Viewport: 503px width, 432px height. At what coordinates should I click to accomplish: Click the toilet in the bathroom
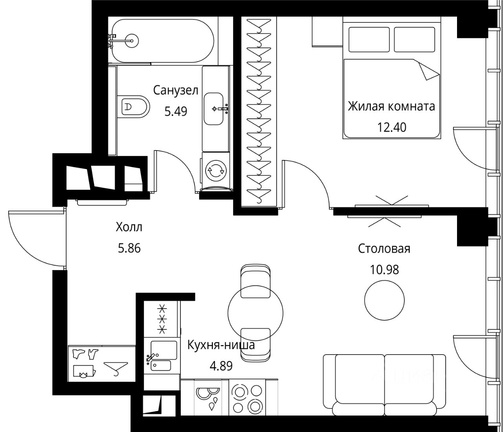tap(133, 107)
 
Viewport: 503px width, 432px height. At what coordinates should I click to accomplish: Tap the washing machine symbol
tap(216, 171)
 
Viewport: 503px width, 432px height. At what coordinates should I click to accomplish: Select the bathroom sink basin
tap(213, 109)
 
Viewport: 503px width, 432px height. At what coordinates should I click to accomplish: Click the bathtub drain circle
tap(132, 40)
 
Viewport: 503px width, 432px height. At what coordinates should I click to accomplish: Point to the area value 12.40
tap(391, 127)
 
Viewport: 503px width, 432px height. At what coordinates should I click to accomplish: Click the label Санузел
tap(176, 90)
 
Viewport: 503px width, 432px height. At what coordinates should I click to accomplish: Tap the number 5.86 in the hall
tap(129, 249)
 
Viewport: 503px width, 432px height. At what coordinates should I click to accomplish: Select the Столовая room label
tap(384, 249)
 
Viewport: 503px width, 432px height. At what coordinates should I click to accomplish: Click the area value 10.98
tap(384, 270)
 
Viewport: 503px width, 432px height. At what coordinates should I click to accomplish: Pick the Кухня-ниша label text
tap(221, 345)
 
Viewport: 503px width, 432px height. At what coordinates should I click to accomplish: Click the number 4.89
tap(221, 366)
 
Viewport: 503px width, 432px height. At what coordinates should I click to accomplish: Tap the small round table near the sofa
tap(384, 300)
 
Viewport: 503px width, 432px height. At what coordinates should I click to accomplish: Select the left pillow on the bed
tap(369, 39)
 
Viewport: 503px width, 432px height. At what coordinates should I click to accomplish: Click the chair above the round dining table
tap(255, 281)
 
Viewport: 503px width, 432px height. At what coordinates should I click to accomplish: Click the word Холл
tap(129, 227)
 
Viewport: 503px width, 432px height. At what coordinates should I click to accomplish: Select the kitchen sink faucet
tap(151, 357)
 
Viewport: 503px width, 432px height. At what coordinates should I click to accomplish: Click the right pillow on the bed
tap(415, 39)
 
